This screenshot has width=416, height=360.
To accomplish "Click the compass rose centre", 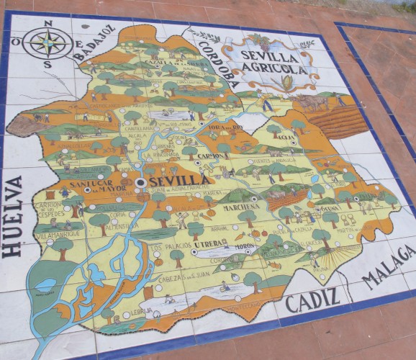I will pyautogui.click(x=47, y=42).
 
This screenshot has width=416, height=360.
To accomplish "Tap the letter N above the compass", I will pyautogui.click(x=48, y=23).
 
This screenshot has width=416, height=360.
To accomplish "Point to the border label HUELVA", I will pyautogui.click(x=14, y=216).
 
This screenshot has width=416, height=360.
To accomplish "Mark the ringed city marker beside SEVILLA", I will pyautogui.click(x=142, y=183).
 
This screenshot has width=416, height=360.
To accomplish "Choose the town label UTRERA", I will pyautogui.click(x=207, y=244).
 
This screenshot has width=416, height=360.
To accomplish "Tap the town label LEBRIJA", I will pyautogui.click(x=143, y=311).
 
